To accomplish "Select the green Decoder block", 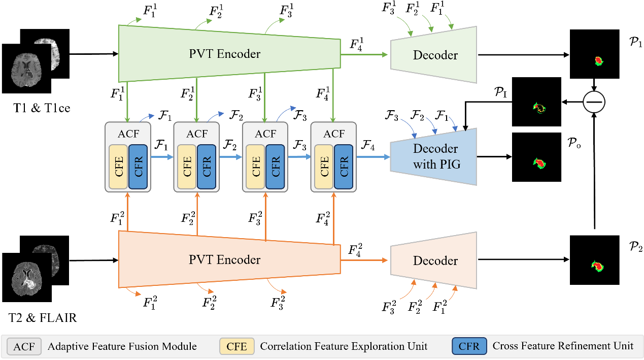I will (434, 55).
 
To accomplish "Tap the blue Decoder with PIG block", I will (434, 156).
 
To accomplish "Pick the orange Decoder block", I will (434, 260).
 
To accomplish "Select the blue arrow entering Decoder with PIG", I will (373, 157).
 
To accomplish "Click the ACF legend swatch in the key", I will (24, 346).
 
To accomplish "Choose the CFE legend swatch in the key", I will (236, 346).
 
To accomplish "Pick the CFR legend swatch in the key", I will (469, 346).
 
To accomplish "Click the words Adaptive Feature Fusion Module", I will (122, 346).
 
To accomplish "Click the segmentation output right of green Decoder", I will (599, 61).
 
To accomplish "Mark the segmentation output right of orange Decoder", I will (598, 266).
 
